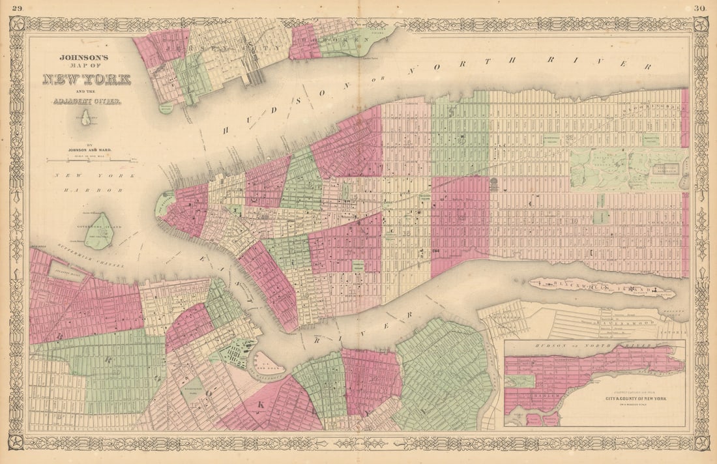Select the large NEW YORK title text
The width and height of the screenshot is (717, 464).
[86, 80]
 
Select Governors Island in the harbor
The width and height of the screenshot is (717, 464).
[99, 232]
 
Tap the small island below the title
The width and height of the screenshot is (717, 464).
[85, 118]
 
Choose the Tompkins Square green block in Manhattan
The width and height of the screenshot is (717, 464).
[358, 266]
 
